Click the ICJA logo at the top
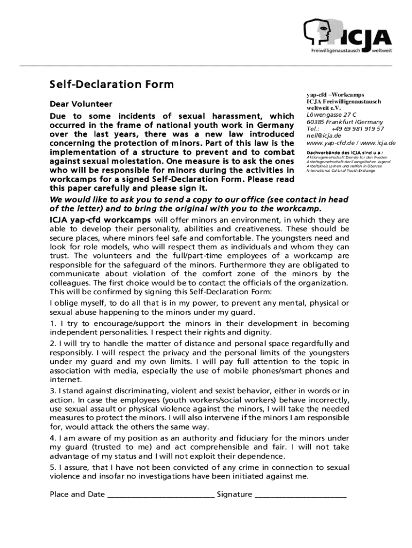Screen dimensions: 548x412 pos(348,37)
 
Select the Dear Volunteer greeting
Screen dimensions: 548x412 pos(81,103)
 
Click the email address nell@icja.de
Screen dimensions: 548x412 pos(324,136)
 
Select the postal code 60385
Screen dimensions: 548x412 pos(316,122)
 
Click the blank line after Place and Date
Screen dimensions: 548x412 pos(161,494)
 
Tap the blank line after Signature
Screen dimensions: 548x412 pos(300,494)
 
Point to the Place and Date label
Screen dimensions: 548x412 pos(77,494)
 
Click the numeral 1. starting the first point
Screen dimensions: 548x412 pos(53,323)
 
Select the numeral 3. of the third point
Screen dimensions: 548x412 pos(53,390)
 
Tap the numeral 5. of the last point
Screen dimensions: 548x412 pos(53,467)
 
